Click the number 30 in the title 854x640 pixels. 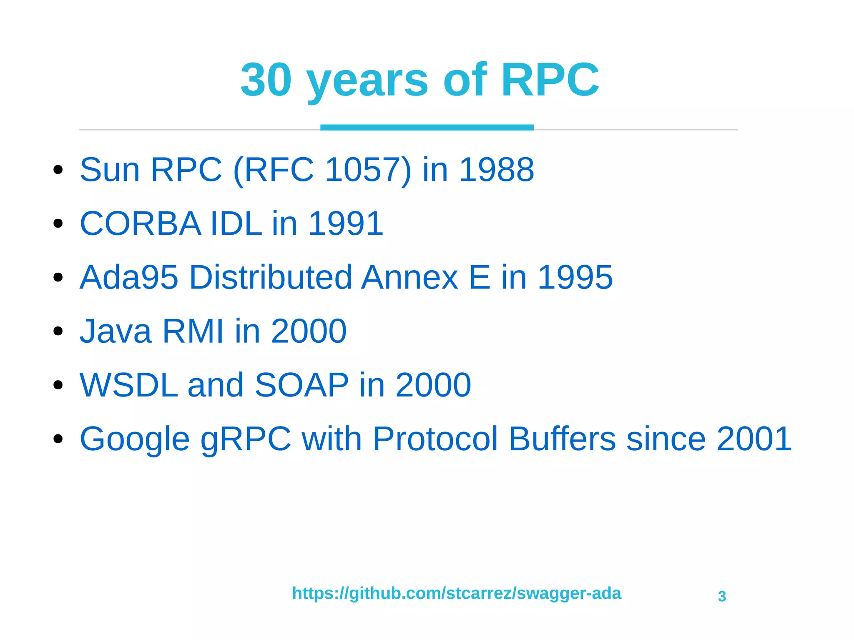pos(266,79)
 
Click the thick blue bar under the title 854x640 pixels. pos(427,127)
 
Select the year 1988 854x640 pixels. pos(496,170)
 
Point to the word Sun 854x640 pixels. pos(110,170)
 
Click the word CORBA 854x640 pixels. pos(141,223)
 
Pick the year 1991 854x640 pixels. pos(346,223)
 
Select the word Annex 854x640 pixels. pos(410,277)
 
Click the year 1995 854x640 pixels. pos(575,277)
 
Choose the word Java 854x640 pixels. pos(116,331)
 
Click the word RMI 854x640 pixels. pos(193,331)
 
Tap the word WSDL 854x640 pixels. pos(129,385)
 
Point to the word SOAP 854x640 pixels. pos(301,385)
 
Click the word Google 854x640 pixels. pos(134,439)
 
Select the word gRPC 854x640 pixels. pos(246,439)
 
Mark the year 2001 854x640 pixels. pos(754,439)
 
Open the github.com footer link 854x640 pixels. pos(456,593)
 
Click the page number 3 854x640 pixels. pos(722,596)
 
